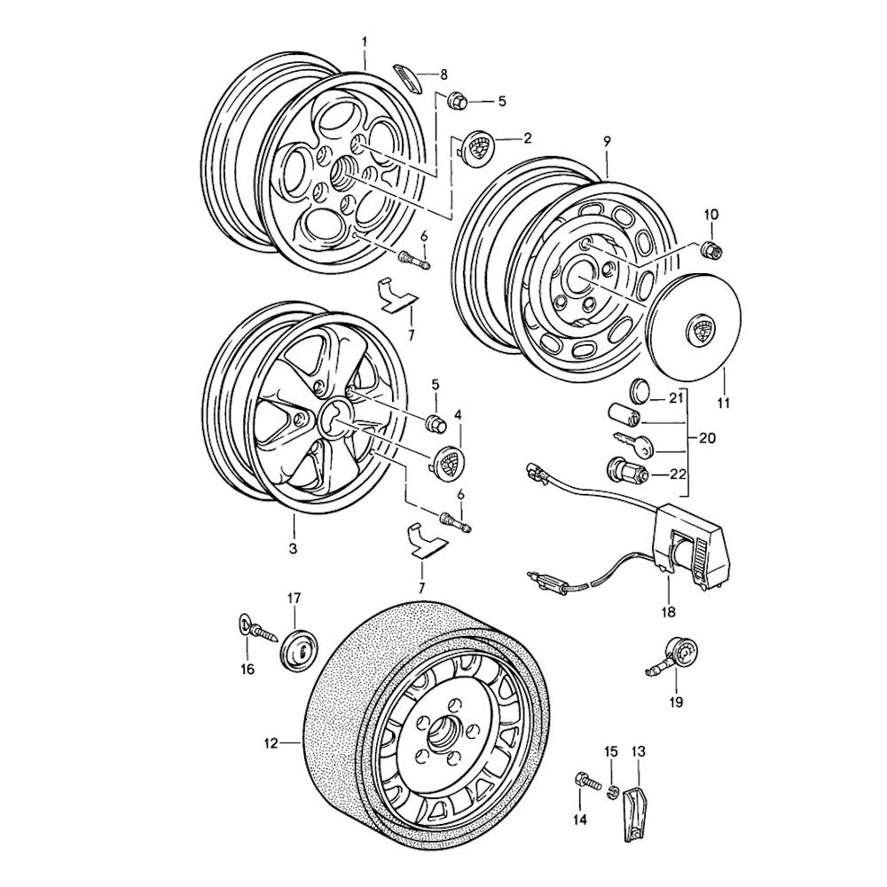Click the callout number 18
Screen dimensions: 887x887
(x=667, y=612)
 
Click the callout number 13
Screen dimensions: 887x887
(x=639, y=752)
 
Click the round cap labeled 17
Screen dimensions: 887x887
(x=300, y=650)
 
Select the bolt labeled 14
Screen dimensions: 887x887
(x=585, y=783)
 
